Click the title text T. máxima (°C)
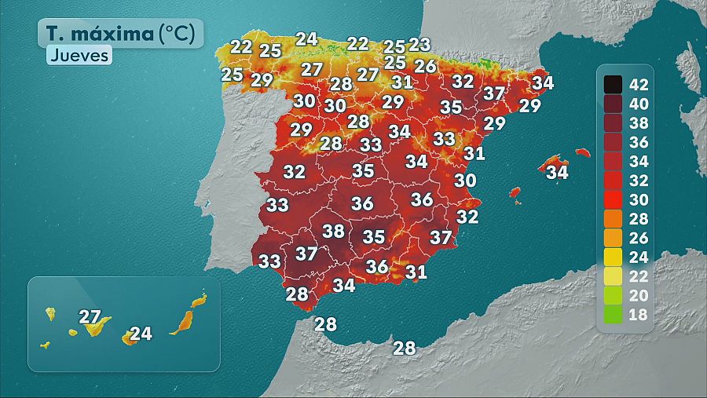(120, 34)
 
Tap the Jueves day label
(79, 56)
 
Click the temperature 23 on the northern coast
(419, 45)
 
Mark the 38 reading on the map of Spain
(334, 231)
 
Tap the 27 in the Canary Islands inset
(90, 317)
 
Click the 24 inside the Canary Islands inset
(140, 334)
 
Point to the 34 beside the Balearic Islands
(557, 171)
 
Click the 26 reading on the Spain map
(425, 66)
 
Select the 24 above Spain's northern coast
(306, 38)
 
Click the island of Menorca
(582, 152)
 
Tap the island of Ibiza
(515, 192)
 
